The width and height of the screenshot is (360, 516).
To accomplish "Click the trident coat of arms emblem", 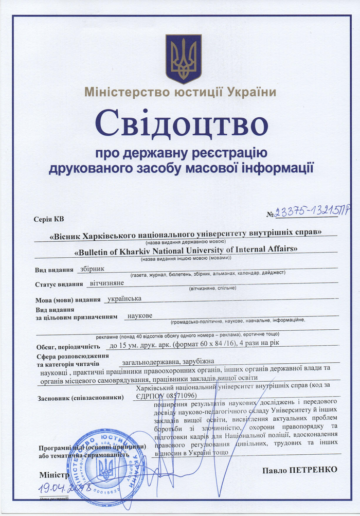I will [183, 59].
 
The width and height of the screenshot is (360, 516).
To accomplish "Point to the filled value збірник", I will [93, 268].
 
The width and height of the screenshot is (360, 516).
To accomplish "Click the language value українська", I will [123, 298].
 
